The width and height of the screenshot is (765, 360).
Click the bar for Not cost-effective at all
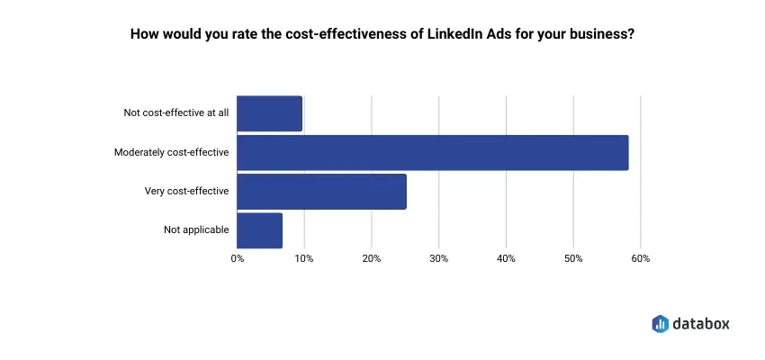click(270, 113)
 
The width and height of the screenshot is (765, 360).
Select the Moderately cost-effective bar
click(433, 152)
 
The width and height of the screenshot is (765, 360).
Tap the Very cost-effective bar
click(322, 191)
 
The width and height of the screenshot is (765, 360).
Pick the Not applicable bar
click(260, 229)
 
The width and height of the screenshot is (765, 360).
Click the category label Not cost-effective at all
click(176, 113)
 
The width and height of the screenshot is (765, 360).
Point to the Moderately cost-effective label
click(172, 152)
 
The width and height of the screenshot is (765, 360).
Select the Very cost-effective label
click(187, 191)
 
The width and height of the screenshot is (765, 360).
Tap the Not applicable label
click(196, 229)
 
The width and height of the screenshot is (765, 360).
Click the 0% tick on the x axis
click(238, 259)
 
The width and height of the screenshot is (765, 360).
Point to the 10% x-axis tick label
click(304, 259)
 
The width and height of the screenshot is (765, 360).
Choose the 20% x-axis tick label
click(372, 259)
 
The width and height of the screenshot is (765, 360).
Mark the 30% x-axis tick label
click(438, 259)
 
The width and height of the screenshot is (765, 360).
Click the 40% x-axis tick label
click(506, 259)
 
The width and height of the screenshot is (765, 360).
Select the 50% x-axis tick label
click(573, 259)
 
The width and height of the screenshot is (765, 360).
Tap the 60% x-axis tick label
click(640, 259)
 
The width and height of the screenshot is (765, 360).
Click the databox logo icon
click(661, 322)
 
